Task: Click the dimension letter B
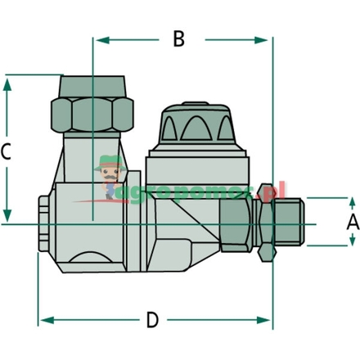tap(178, 38)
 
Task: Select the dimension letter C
tap(7, 151)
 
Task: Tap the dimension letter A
tap(353, 222)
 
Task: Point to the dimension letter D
tap(152, 320)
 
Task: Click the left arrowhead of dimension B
tap(98, 38)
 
